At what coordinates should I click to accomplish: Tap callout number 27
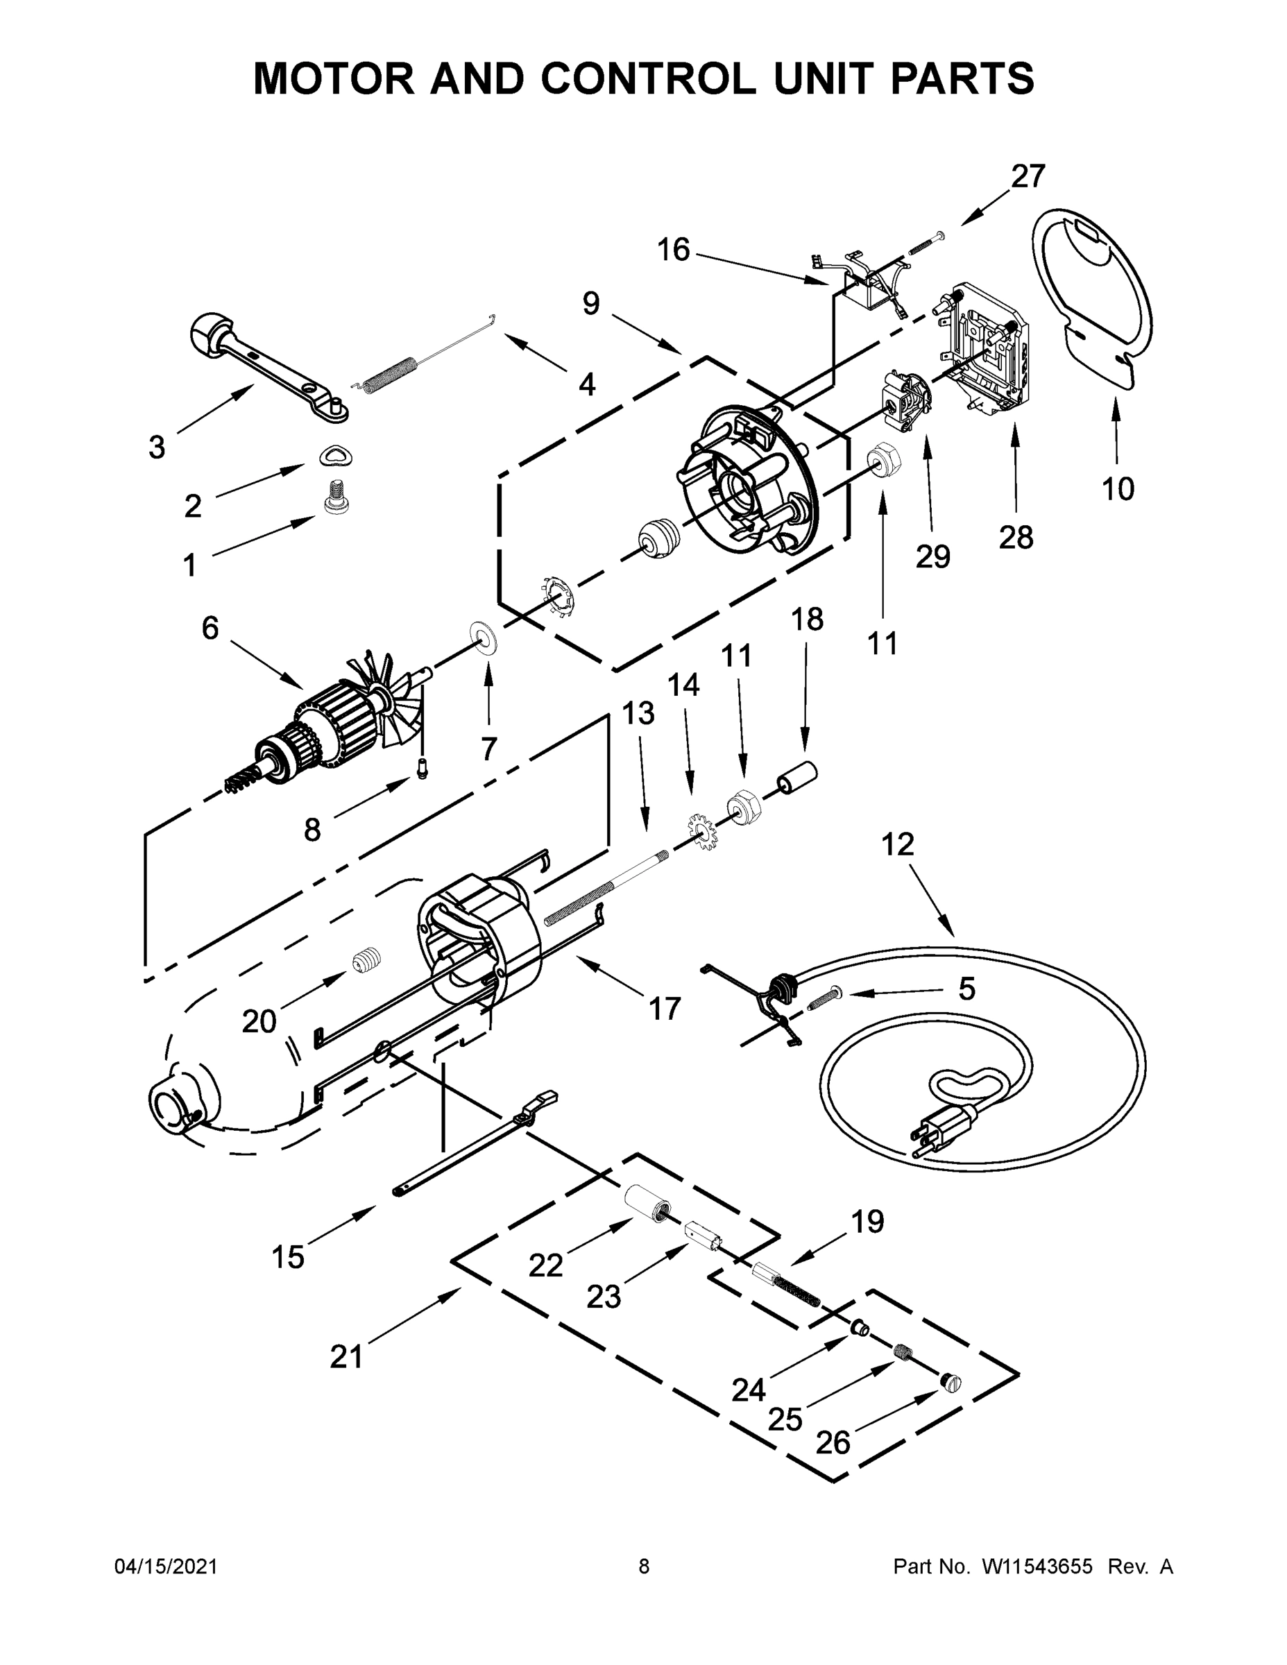(1028, 177)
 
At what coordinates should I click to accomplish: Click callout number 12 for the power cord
(897, 845)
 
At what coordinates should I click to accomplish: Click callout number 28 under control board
(1016, 538)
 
